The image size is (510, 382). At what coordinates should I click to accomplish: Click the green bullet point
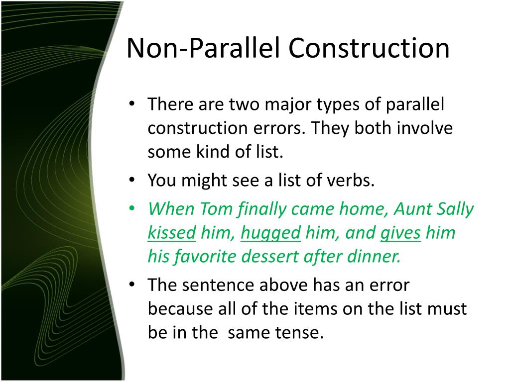pyautogui.click(x=131, y=209)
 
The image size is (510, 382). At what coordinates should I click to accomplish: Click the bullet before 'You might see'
pyautogui.click(x=131, y=181)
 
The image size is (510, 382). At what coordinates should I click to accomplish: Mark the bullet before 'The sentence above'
pyautogui.click(x=131, y=286)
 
